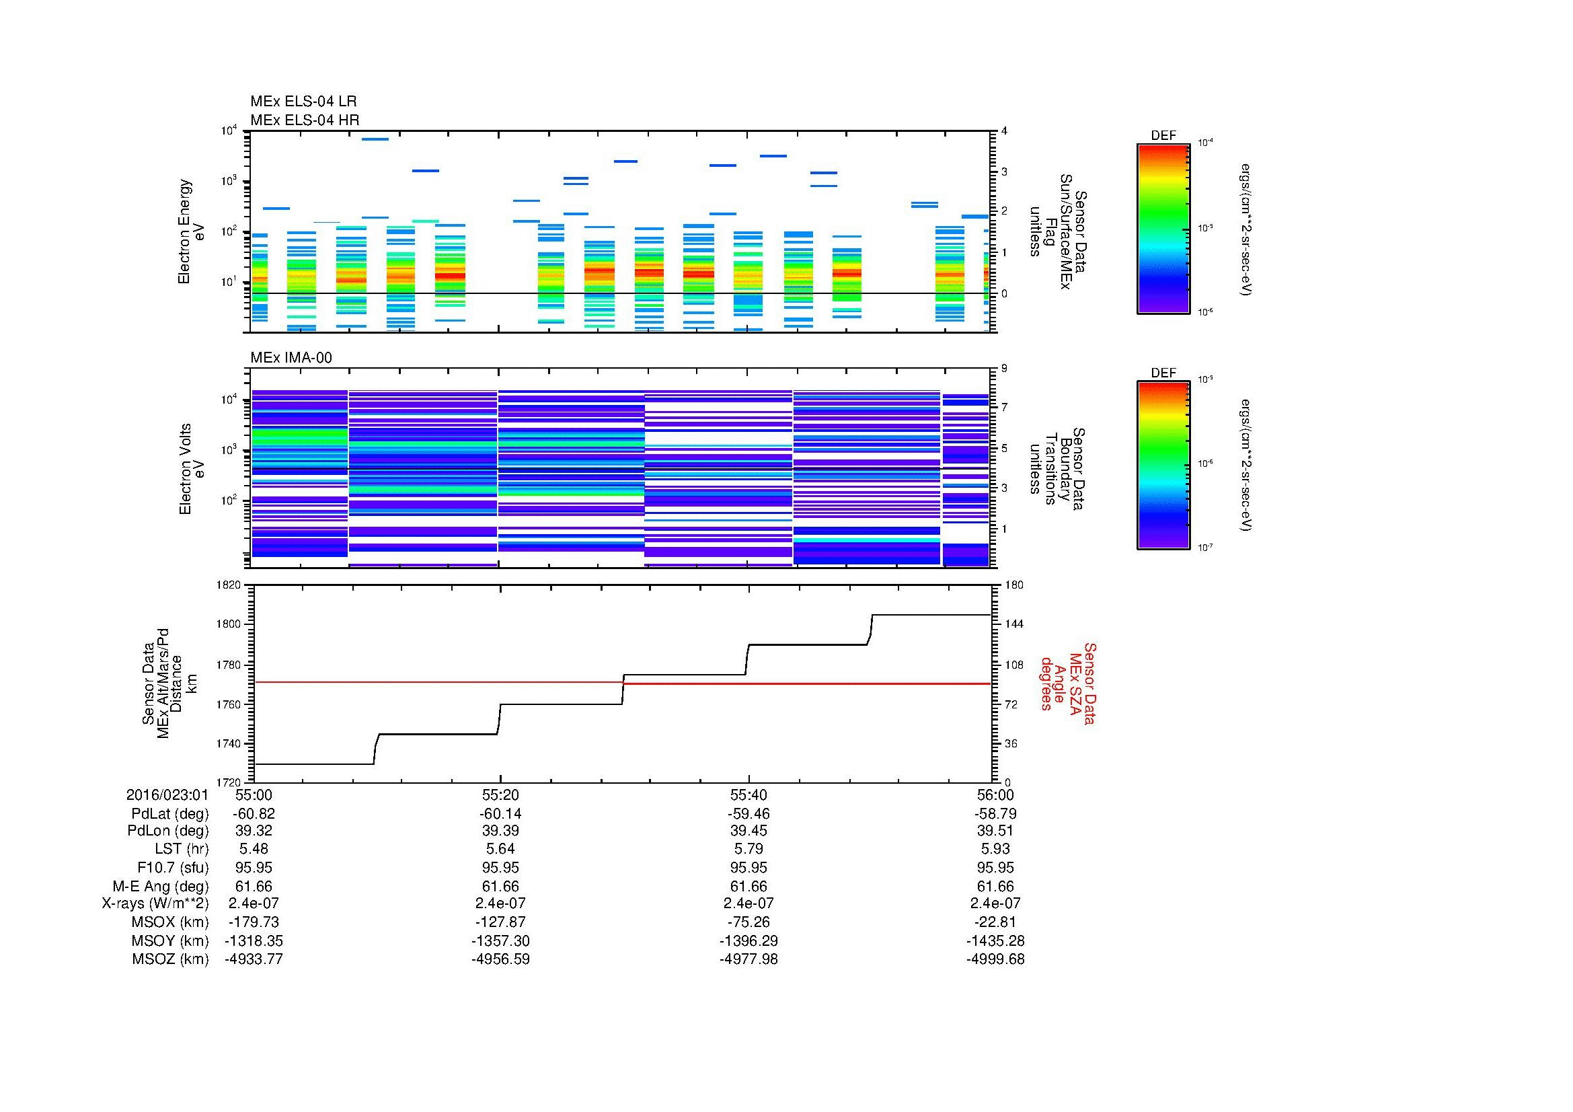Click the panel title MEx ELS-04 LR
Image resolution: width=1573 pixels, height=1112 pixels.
pos(303,102)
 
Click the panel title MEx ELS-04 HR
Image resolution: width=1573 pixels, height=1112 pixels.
pos(304,120)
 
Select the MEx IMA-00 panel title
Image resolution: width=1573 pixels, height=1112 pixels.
pos(291,358)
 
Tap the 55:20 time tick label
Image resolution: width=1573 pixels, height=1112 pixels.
pos(500,794)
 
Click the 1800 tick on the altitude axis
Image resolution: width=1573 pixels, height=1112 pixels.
pos(229,624)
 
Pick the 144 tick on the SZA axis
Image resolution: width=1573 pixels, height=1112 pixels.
pos(1013,624)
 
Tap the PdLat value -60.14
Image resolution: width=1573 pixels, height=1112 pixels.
pos(500,814)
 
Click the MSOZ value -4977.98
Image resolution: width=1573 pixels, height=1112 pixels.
pos(748,959)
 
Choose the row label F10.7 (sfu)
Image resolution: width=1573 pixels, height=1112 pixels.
pos(172,867)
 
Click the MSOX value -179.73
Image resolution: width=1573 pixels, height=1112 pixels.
pos(254,922)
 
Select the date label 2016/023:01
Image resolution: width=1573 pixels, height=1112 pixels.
pos(167,794)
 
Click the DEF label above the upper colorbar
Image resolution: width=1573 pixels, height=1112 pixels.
pos(1163,136)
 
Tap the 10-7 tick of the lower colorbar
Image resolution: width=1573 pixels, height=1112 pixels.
pos(1205,548)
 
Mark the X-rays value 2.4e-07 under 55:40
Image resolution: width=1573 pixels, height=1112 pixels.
pos(748,903)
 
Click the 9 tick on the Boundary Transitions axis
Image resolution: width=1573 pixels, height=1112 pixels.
pos(1004,369)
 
